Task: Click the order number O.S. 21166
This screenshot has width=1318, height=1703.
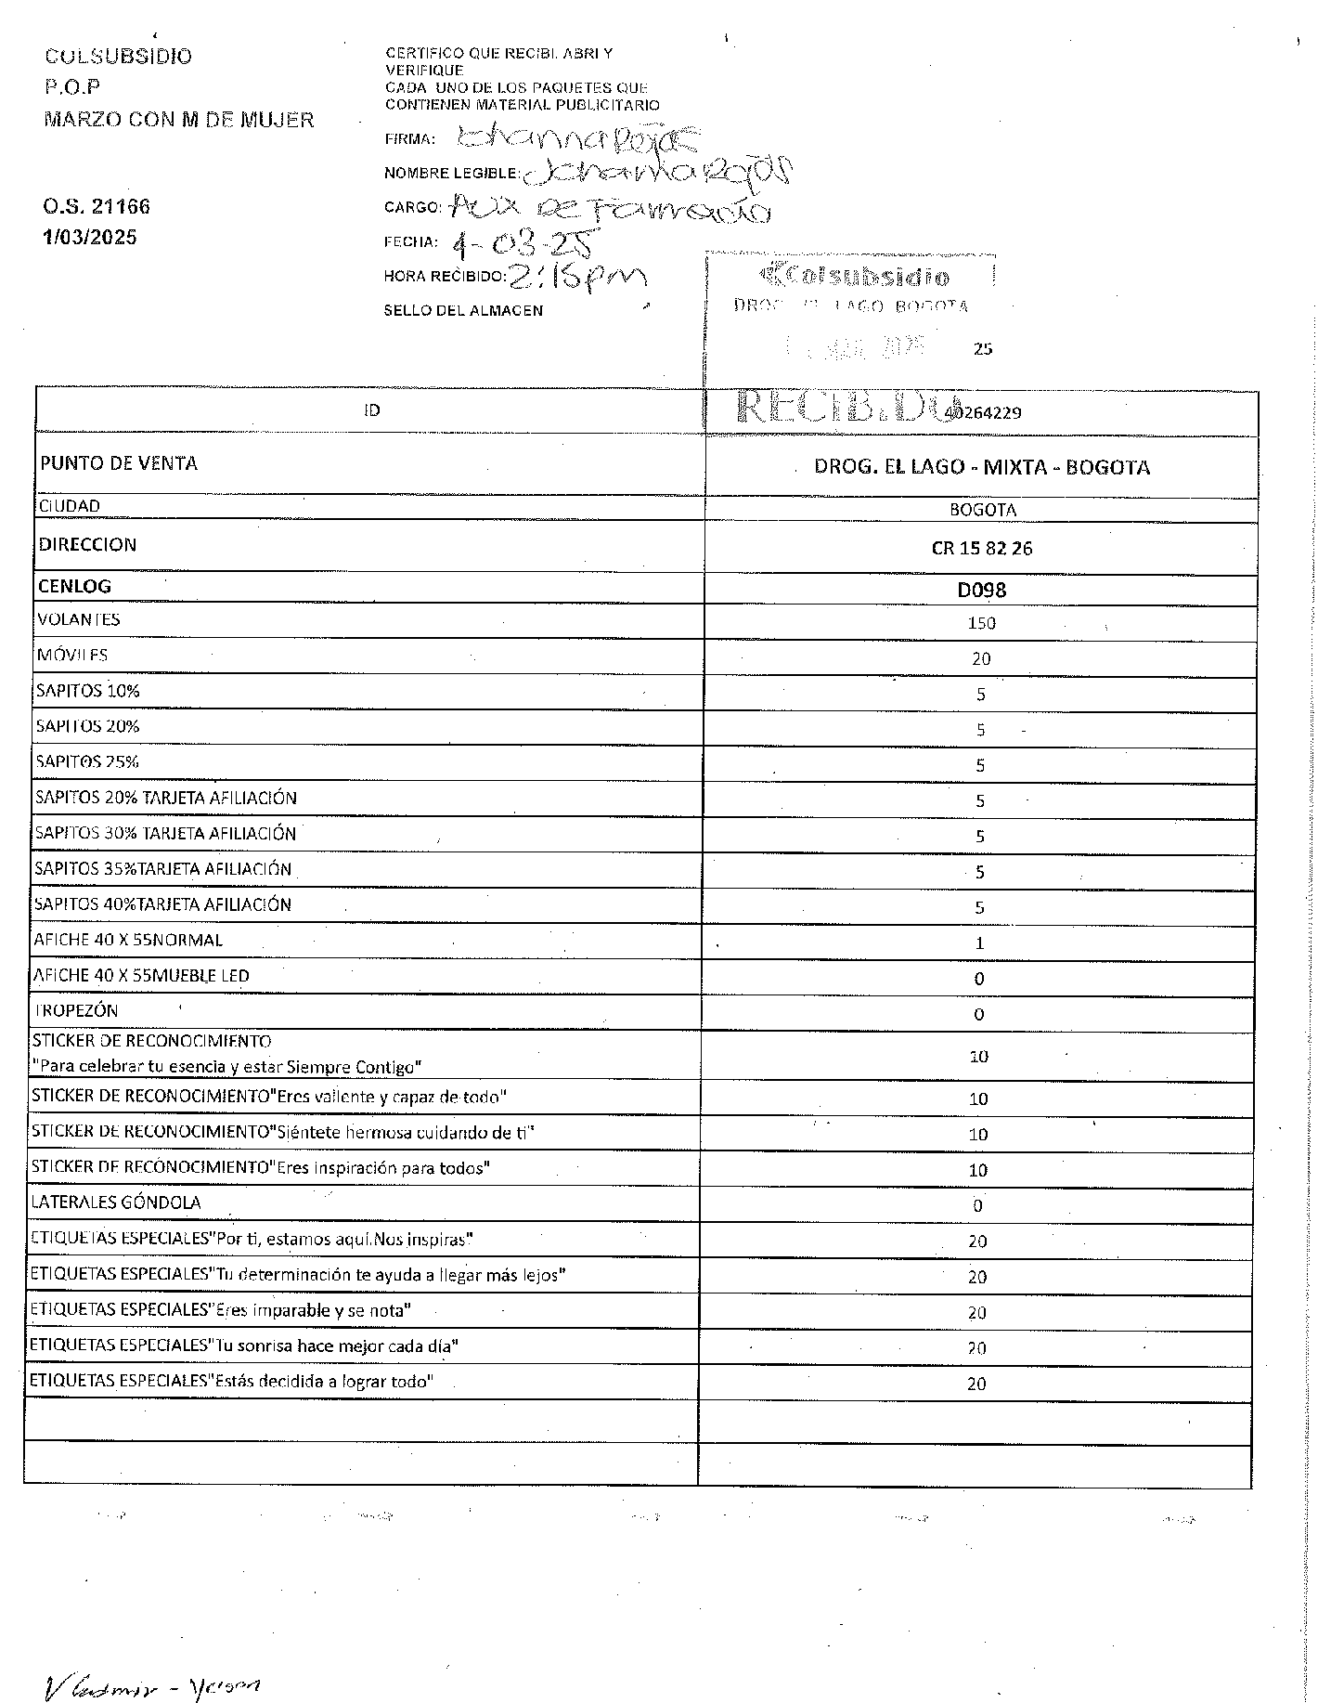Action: pos(97,206)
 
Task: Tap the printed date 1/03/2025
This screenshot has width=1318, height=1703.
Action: pos(90,238)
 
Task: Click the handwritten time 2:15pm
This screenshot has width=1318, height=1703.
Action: pos(576,276)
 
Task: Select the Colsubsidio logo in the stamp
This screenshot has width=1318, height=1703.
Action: pos(855,276)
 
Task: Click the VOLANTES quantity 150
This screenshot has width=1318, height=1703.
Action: pos(981,623)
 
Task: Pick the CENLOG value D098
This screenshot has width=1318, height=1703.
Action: pos(982,590)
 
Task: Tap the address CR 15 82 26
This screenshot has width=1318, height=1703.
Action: pos(982,548)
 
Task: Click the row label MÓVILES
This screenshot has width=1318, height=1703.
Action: pos(72,656)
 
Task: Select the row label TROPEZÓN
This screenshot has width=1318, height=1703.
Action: pos(76,1011)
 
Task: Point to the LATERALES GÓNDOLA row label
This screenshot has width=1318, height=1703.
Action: pos(116,1202)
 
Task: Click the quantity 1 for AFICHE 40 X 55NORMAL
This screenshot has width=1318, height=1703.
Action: pos(979,943)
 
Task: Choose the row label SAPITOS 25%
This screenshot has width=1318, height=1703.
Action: pos(87,762)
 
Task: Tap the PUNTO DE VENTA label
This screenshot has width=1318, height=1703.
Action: pos(119,463)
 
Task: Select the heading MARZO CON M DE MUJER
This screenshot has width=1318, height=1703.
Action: pos(179,120)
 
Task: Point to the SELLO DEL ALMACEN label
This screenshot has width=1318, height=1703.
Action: pos(463,310)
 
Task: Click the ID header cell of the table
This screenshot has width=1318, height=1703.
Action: pos(371,410)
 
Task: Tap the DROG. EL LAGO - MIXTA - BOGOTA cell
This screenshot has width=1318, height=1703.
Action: pos(982,467)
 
